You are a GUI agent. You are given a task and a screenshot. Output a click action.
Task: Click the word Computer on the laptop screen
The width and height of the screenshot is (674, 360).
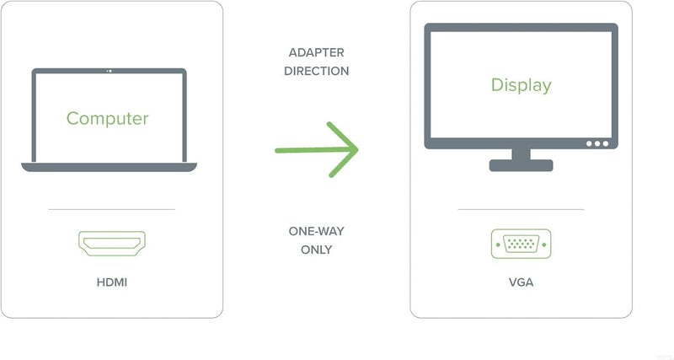[x=108, y=119]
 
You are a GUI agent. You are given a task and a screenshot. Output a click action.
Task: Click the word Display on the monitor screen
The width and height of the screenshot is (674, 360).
[x=521, y=86]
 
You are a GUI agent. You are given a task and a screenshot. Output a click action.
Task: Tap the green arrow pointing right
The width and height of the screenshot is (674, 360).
[x=317, y=150]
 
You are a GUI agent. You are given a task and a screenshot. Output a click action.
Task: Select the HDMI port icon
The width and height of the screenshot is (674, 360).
[x=112, y=244]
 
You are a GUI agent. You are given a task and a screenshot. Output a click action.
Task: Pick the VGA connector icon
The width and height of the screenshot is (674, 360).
[x=521, y=244]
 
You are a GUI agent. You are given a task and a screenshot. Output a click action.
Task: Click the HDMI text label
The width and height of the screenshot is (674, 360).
[x=112, y=282]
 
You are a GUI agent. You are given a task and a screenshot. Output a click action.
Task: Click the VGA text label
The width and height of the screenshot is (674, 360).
[x=521, y=282]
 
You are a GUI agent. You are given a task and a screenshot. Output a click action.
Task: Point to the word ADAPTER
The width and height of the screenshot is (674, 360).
[x=317, y=52]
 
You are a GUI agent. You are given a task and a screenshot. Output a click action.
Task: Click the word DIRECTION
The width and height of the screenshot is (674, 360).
[x=317, y=71]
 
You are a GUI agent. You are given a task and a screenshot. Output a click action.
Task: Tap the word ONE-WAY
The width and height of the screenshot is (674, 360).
[x=317, y=231]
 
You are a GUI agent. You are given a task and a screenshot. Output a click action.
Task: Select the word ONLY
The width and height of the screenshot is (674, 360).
[x=317, y=250]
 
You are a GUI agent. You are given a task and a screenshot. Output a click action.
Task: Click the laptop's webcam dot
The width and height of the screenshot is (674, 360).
[x=110, y=71]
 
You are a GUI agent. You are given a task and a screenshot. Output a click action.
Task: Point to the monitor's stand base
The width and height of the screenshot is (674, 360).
[x=521, y=165]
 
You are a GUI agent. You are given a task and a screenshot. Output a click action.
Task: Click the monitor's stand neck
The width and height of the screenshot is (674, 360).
[x=521, y=154]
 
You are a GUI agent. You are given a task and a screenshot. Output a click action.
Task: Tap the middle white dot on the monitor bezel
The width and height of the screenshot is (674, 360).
[x=597, y=143]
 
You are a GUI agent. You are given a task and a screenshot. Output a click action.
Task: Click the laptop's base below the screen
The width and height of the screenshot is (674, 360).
[x=109, y=167]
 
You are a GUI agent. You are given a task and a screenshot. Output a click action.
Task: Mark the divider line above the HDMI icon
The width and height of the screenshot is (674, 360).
[x=112, y=209]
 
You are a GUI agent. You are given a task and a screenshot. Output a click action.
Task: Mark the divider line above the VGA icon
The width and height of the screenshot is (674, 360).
[x=521, y=209]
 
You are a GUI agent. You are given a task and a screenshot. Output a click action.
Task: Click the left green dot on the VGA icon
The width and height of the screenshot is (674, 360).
[x=498, y=244]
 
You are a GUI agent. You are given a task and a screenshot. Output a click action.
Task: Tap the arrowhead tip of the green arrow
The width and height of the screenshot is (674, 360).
[x=357, y=149]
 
